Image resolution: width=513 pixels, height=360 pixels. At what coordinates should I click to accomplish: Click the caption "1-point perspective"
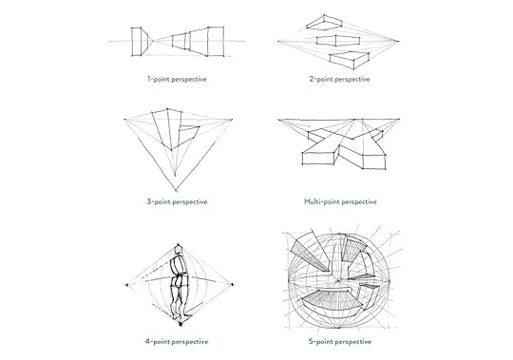point(177,79)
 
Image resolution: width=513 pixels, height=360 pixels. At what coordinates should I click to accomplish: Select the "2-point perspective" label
point(339,79)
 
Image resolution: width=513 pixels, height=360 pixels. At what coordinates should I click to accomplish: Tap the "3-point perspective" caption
point(177,201)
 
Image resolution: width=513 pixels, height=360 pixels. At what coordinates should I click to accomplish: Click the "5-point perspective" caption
point(339,339)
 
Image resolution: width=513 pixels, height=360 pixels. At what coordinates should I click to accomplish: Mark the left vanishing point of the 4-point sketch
point(128,283)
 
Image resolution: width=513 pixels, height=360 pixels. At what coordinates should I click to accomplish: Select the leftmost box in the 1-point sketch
point(140,41)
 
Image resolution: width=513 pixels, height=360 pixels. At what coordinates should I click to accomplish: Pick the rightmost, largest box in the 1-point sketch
point(215,40)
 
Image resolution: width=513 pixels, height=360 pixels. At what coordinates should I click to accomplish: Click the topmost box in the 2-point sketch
point(332,21)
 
